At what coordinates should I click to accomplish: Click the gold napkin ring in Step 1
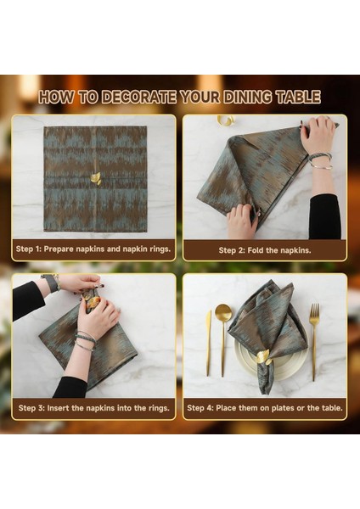tap(95, 178)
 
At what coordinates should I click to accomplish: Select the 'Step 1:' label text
tap(33, 249)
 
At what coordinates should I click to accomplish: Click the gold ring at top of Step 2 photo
tap(225, 120)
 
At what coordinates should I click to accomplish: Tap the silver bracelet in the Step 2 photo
tap(319, 158)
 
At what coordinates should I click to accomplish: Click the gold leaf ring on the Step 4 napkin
tap(263, 356)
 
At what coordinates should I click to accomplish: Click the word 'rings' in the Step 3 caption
tap(154, 408)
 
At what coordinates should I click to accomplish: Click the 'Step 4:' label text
tap(203, 408)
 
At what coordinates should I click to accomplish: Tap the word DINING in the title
tap(236, 97)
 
